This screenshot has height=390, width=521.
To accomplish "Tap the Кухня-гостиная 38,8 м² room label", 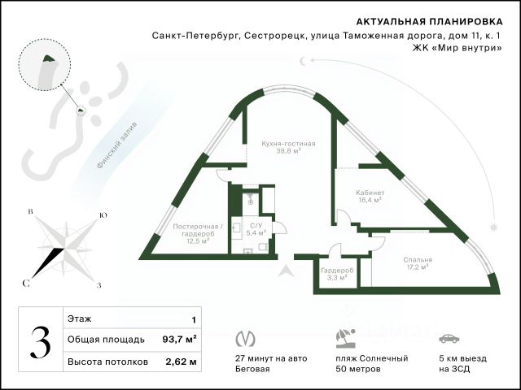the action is click(288, 147).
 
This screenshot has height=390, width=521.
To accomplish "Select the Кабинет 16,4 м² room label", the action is click(370, 196).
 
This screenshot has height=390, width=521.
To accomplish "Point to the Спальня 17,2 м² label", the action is click(418, 263).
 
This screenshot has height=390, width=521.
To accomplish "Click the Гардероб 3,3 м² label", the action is click(335, 273).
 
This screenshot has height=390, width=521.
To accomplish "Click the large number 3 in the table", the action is click(38, 341).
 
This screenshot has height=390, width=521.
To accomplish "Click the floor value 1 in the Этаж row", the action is click(193, 321).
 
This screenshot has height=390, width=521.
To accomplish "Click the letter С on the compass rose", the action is click(26, 283).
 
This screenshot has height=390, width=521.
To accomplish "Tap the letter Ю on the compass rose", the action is click(102, 215).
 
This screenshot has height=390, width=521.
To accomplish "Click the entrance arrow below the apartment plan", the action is click(284, 272).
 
